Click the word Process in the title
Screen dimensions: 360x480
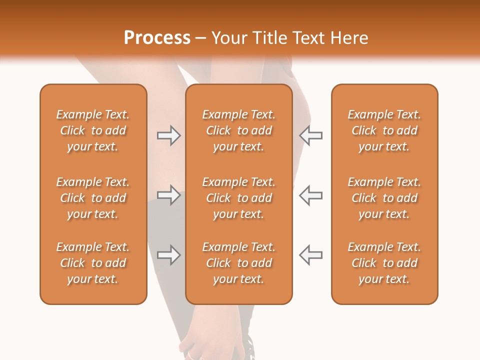[157, 38]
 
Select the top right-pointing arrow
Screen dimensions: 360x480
[168, 135]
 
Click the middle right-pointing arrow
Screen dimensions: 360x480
[168, 195]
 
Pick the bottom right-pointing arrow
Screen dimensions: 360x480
[168, 255]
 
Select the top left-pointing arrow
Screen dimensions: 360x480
[310, 135]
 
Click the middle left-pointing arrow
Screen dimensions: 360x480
[310, 195]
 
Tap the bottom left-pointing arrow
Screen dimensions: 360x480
[310, 255]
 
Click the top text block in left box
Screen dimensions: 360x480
[93, 130]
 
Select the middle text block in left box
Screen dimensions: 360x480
[93, 198]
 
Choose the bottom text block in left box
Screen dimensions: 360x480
[93, 263]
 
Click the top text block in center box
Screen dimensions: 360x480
[239, 130]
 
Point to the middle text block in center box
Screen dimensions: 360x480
[239, 198]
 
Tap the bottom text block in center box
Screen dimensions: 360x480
[239, 263]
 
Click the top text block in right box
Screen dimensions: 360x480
[384, 130]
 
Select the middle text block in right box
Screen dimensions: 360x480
[384, 198]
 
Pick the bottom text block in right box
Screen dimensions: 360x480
[384, 263]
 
